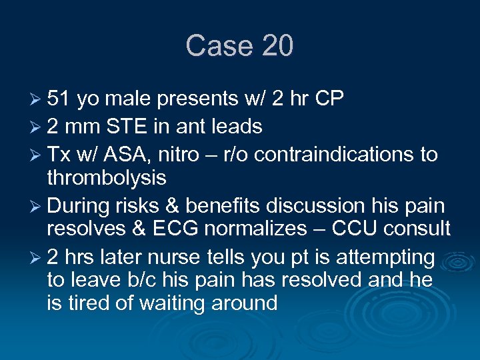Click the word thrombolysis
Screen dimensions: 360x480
(x=107, y=177)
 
